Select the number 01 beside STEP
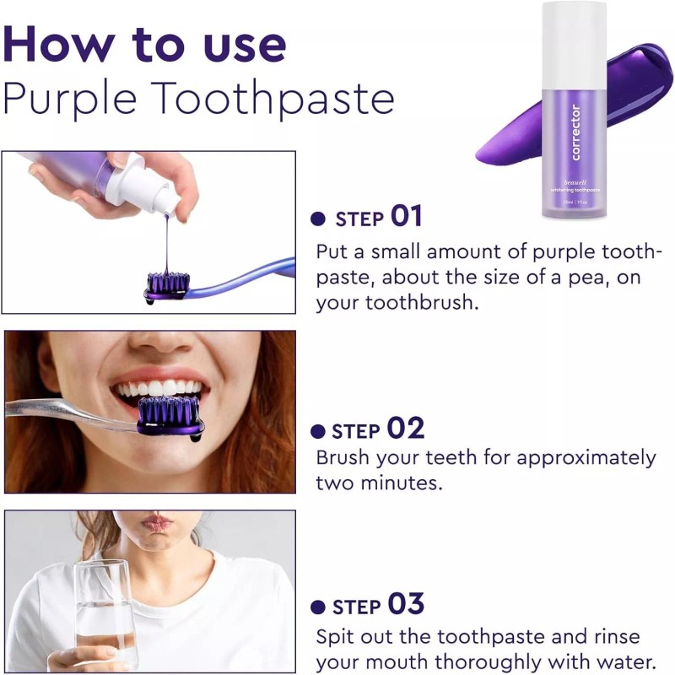tap(406, 217)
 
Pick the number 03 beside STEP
tap(406, 605)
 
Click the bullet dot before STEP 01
tap(318, 219)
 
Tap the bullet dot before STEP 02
tap(318, 432)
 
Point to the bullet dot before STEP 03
tap(318, 607)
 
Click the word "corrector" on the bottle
tap(575, 132)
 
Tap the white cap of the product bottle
tap(574, 34)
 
